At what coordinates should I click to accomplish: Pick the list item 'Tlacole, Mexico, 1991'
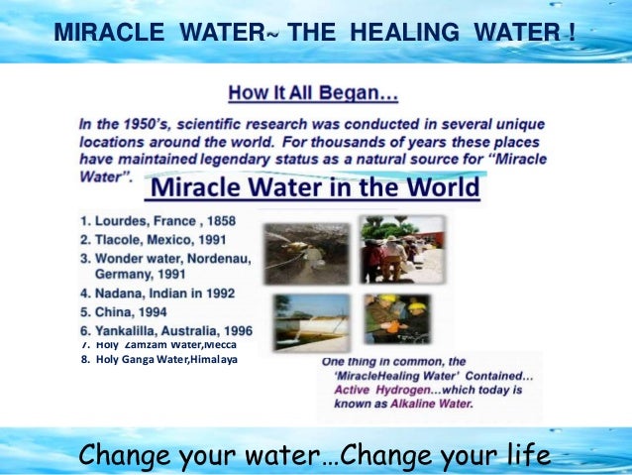(x=158, y=240)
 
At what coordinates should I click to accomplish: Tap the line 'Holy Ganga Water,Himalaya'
(x=158, y=359)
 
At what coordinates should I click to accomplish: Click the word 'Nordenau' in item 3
(x=223, y=258)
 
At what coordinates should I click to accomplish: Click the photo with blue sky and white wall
(x=312, y=322)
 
